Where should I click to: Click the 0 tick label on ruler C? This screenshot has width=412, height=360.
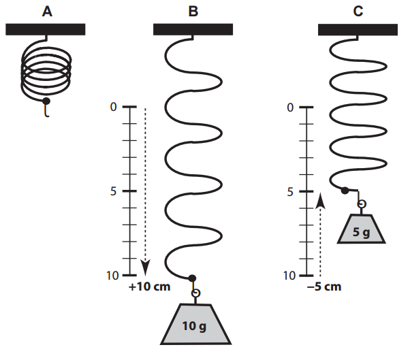pyautogui.click(x=291, y=108)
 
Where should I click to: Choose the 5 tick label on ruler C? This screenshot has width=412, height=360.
pyautogui.click(x=291, y=191)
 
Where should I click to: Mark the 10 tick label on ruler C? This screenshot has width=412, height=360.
pyautogui.click(x=289, y=276)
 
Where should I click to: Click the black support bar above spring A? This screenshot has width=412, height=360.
pyautogui.click(x=46, y=29)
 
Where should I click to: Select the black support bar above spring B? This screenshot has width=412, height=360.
pyautogui.click(x=193, y=29)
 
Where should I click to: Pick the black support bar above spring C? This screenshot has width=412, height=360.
pyautogui.click(x=358, y=29)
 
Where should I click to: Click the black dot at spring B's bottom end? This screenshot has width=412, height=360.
pyautogui.click(x=192, y=278)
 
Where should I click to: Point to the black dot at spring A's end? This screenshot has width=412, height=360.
pyautogui.click(x=46, y=101)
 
